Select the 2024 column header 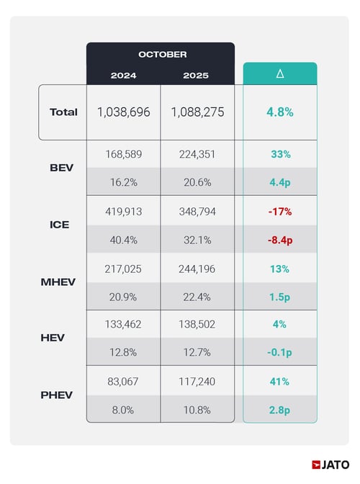pos(123,75)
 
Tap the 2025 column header pos(197,75)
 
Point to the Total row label pos(63,112)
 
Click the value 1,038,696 pos(123,112)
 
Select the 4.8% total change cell pos(279,112)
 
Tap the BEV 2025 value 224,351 pos(197,153)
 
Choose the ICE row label pos(60,224)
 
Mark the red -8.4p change pos(279,238)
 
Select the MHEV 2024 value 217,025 pos(123,267)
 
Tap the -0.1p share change pos(279,352)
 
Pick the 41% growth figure pos(279,381)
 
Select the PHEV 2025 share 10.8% pos(197,409)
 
